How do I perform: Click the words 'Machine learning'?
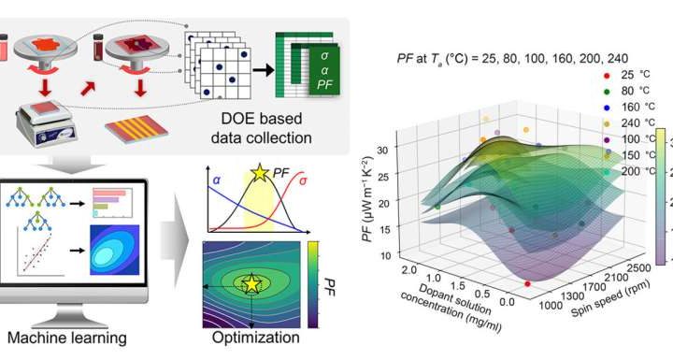[67, 338]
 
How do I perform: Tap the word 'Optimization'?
[256, 338]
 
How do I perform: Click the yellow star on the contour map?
[251, 283]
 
